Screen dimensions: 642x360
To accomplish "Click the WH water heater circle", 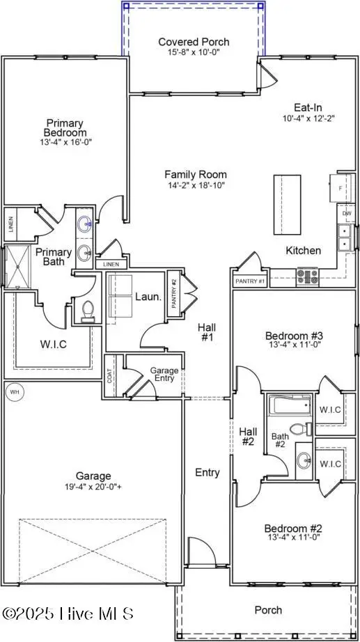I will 13,392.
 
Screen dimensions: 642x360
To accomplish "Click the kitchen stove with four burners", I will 307,275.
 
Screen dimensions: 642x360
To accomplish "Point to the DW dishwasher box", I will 345,214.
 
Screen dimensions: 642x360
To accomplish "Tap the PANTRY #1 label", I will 249,281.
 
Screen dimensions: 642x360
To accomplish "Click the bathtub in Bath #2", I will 290,406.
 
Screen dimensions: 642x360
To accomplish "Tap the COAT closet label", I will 110,376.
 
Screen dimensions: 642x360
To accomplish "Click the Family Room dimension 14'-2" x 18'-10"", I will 196,186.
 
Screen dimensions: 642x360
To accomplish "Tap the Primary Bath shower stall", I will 15,266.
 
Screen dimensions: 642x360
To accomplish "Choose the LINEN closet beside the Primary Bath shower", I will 11,224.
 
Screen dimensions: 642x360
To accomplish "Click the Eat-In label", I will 306,108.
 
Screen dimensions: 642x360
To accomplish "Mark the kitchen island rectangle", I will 286,205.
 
